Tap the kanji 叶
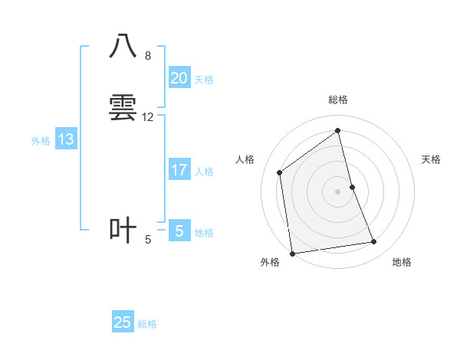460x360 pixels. point(123,229)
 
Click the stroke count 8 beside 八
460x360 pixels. point(147,56)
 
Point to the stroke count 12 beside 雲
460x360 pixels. point(148,117)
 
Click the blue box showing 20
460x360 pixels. point(179,78)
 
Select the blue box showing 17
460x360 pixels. point(179,170)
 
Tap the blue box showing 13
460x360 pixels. point(66,139)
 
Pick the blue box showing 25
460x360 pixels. point(123,322)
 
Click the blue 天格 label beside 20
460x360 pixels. point(204,80)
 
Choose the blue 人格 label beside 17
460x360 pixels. point(205,172)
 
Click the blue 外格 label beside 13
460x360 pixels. point(41,141)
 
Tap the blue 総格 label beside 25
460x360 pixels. point(147,324)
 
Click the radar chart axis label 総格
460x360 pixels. point(338,100)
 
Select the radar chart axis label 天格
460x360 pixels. point(432,159)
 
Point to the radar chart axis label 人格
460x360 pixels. point(245,159)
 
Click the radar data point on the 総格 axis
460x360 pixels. point(338,131)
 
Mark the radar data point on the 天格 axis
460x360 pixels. point(352,187)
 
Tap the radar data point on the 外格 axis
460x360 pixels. point(292,253)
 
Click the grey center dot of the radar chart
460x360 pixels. point(338,191)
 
